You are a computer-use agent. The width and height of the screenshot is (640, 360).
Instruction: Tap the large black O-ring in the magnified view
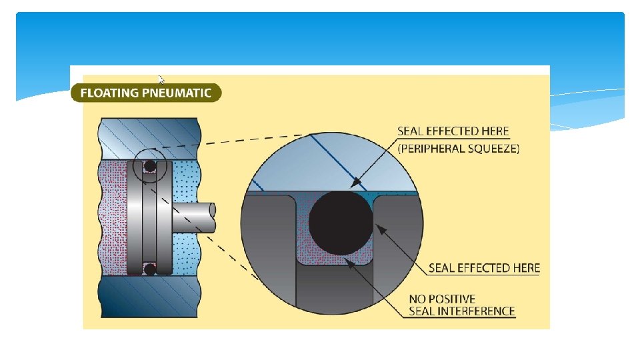pyautogui.click(x=340, y=223)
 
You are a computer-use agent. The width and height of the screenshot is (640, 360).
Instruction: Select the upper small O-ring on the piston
pyautogui.click(x=151, y=165)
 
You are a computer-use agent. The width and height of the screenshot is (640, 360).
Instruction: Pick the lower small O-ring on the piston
pyautogui.click(x=151, y=269)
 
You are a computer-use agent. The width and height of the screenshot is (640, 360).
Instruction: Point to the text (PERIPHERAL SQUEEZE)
pyautogui.click(x=458, y=149)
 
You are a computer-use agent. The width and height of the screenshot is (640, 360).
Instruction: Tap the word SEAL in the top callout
pyautogui.click(x=412, y=131)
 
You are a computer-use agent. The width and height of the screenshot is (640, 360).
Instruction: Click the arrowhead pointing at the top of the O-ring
pyautogui.click(x=355, y=181)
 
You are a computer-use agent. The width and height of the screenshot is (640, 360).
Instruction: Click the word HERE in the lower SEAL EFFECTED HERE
pyautogui.click(x=524, y=268)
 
